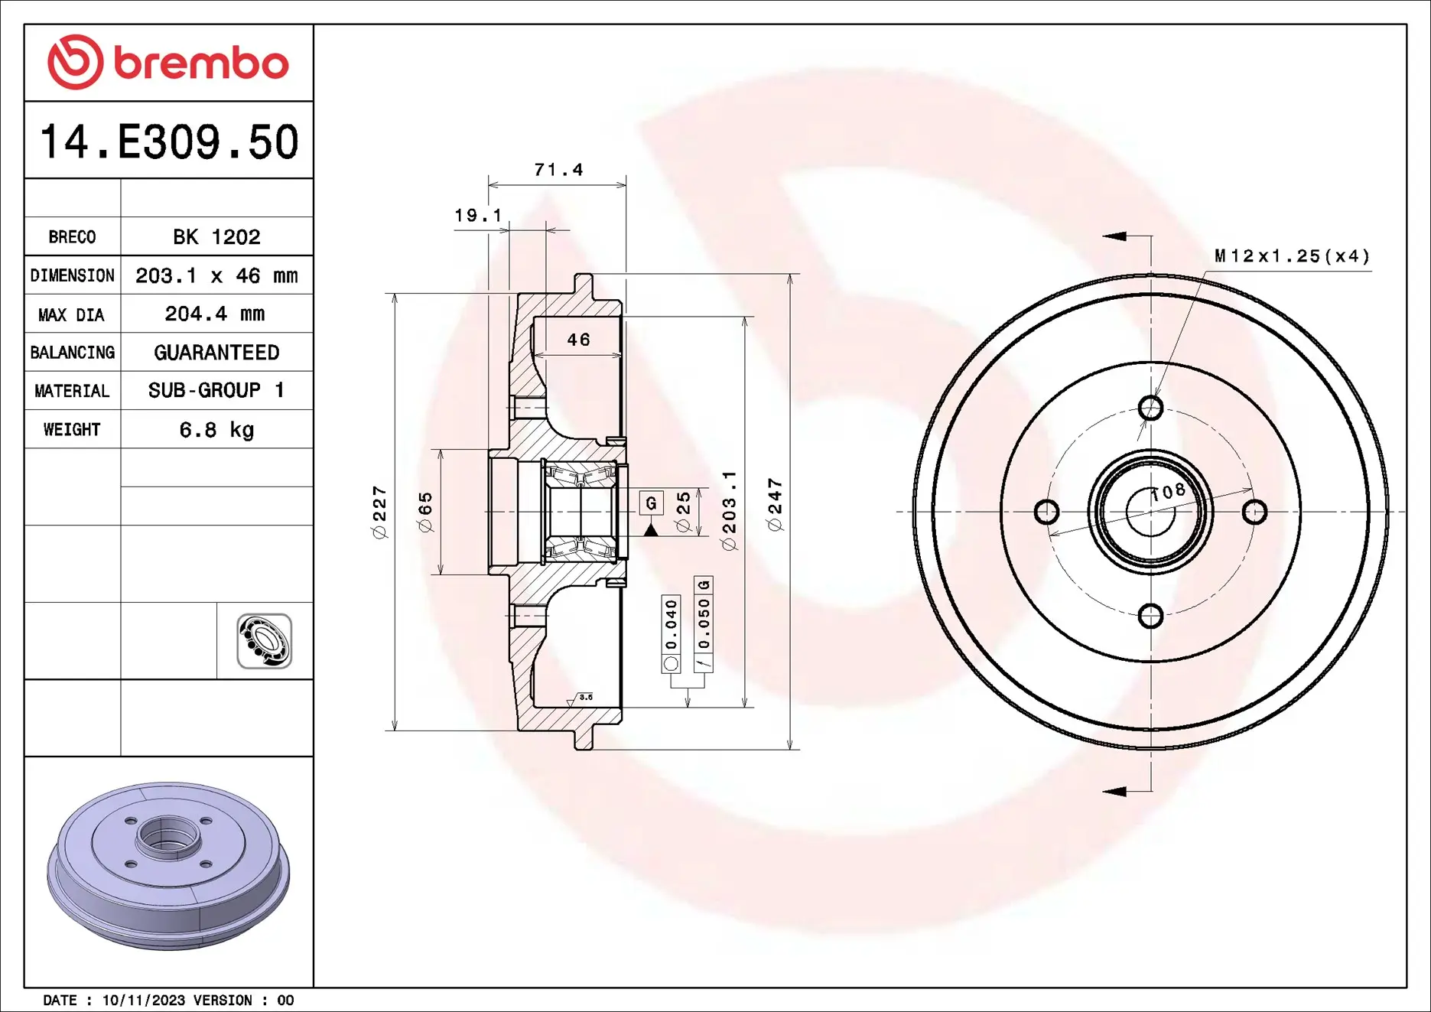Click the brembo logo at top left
pyautogui.click(x=167, y=63)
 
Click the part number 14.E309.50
pyautogui.click(x=168, y=142)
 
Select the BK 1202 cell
pyautogui.click(x=216, y=237)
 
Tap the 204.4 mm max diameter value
pyautogui.click(x=215, y=314)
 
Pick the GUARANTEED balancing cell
pyautogui.click(x=216, y=353)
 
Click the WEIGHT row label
pyautogui.click(x=72, y=430)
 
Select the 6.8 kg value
pyautogui.click(x=216, y=430)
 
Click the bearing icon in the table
pyautogui.click(x=264, y=641)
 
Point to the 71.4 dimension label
pyautogui.click(x=558, y=170)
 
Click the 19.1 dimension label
pyautogui.click(x=478, y=216)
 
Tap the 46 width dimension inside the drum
pyautogui.click(x=578, y=340)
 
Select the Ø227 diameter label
pyautogui.click(x=379, y=512)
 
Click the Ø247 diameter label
pyautogui.click(x=775, y=504)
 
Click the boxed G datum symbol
pyautogui.click(x=651, y=503)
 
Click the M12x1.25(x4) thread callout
pyautogui.click(x=1292, y=256)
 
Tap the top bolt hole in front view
pyautogui.click(x=1150, y=408)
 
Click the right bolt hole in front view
pyautogui.click(x=1254, y=512)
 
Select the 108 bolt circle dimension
pyautogui.click(x=1169, y=492)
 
